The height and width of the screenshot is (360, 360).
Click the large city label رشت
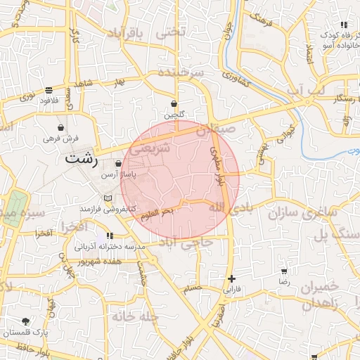coord(80,159)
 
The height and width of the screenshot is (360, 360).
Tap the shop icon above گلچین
coord(174,104)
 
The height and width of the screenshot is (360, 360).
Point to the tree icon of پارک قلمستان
coord(26,321)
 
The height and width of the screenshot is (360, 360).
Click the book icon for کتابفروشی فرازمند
coord(108,199)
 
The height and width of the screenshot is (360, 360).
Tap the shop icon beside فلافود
coord(48,90)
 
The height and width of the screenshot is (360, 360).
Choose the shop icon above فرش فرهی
coord(61,128)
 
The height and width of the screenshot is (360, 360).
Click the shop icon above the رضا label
coord(284,271)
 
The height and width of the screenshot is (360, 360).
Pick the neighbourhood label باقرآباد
coord(129,34)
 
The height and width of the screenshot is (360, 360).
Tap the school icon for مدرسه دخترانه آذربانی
coord(110,236)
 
